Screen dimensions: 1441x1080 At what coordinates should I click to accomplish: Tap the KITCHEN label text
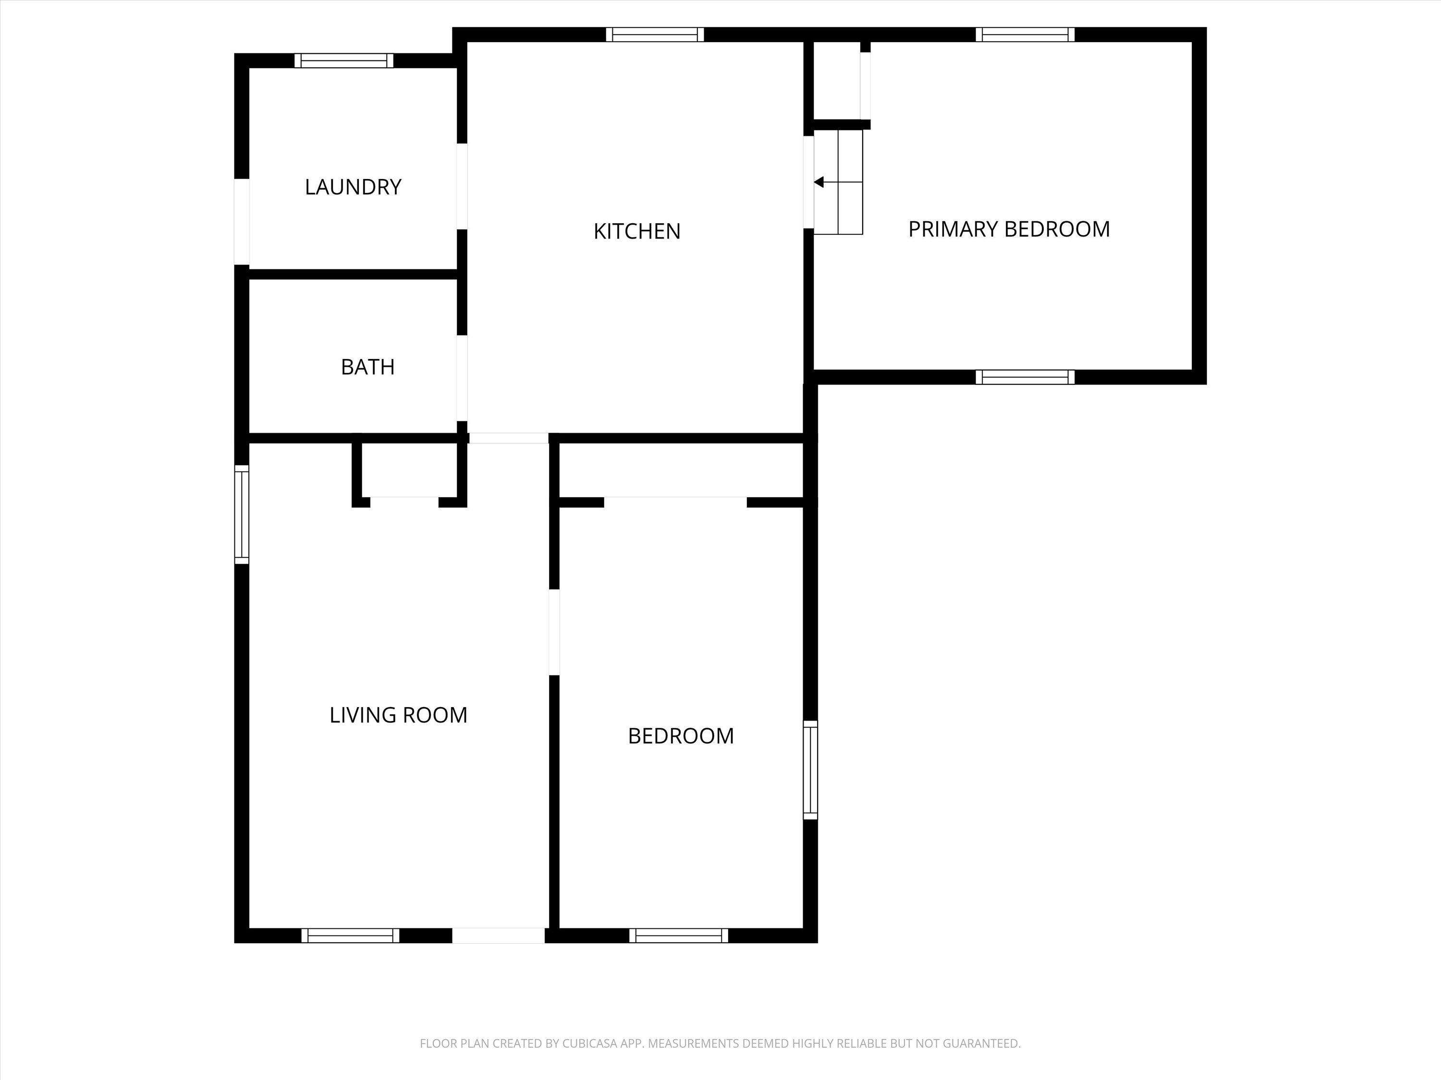tap(636, 231)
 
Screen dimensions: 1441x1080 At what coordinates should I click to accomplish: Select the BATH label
tap(367, 367)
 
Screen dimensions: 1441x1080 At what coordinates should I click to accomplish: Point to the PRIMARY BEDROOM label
tap(1009, 229)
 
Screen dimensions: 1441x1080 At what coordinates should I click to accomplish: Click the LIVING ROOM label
tap(398, 715)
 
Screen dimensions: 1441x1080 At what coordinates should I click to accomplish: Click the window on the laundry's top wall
tap(344, 60)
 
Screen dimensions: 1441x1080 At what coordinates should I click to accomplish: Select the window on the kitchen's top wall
tap(655, 35)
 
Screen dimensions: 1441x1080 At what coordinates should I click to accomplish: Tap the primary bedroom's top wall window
tap(1026, 35)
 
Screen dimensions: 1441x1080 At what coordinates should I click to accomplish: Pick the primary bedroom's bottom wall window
tap(1026, 377)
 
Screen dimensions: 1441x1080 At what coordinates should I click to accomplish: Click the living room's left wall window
tap(242, 514)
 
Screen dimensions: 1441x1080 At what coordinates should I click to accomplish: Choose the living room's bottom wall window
tap(351, 936)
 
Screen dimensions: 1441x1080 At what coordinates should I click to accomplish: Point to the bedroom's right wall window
tap(810, 769)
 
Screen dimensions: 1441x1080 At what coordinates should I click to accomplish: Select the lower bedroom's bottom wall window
tap(679, 936)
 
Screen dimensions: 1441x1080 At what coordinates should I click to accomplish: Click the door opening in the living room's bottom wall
tap(499, 936)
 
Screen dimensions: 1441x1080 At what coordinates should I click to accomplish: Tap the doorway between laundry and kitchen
tap(462, 186)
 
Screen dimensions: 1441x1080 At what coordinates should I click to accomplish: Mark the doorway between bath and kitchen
tap(462, 378)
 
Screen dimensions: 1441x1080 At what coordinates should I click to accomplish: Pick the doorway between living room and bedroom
tap(554, 632)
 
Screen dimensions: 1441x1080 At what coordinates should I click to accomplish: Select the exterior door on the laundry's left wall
tap(242, 222)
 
